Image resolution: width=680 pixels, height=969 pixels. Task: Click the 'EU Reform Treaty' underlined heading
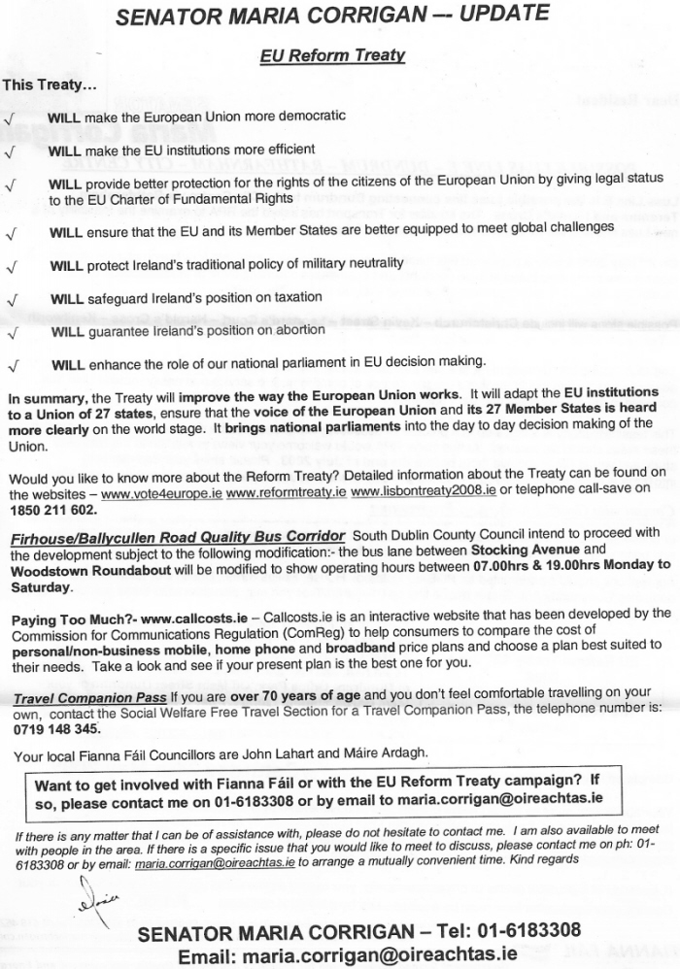[332, 55]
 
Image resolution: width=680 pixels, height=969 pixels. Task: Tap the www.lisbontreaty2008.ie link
[424, 492]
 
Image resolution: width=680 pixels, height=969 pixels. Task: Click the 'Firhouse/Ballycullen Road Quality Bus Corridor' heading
[178, 537]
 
